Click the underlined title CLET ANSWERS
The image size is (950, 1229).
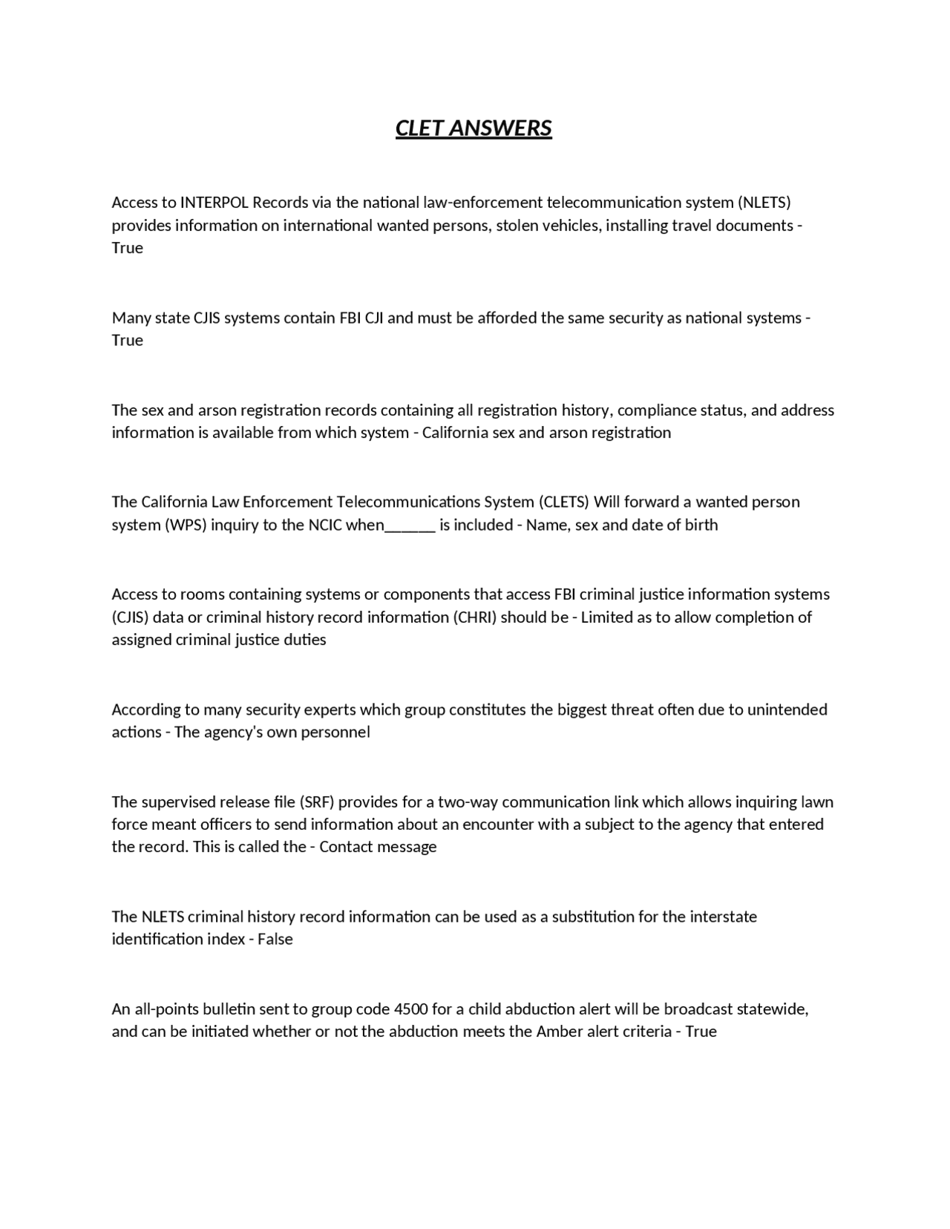tap(474, 128)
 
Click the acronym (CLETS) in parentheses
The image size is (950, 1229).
tap(563, 502)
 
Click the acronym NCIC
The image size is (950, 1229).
tap(325, 525)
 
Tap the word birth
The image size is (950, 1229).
tap(701, 525)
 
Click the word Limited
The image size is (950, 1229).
tap(606, 617)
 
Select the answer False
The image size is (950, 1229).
tap(275, 940)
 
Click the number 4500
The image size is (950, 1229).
tap(410, 1009)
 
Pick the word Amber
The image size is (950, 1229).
tap(560, 1032)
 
